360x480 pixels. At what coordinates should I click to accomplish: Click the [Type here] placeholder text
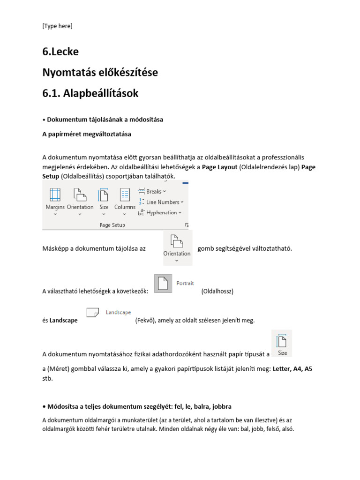coord(57,26)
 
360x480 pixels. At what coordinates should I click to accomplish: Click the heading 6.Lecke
coord(60,52)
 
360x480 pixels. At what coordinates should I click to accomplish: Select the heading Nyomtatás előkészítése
coord(100,73)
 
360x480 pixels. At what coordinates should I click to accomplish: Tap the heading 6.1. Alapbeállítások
coord(90,93)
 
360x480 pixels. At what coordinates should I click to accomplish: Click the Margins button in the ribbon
coord(55,199)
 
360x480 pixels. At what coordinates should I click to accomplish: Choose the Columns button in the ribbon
coord(125,199)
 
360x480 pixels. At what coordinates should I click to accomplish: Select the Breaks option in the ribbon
coord(152,191)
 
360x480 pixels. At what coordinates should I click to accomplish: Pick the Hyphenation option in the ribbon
coord(160,212)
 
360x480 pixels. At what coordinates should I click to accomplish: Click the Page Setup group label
coord(112,225)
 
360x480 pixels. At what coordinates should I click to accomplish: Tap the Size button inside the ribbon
coord(104,199)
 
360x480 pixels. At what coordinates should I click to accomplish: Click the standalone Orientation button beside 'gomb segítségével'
coord(177,247)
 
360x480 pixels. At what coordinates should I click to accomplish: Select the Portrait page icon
coord(162,284)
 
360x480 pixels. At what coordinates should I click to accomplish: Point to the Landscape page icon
coord(92,312)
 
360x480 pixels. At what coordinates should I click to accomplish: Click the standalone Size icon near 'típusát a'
coord(282,344)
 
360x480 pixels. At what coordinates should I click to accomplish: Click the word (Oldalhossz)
coord(217,291)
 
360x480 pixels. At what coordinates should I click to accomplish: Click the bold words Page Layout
coord(219,167)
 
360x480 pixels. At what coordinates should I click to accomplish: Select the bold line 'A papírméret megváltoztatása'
coord(87,134)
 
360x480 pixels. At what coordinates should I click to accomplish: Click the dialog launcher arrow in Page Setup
coord(186,225)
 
